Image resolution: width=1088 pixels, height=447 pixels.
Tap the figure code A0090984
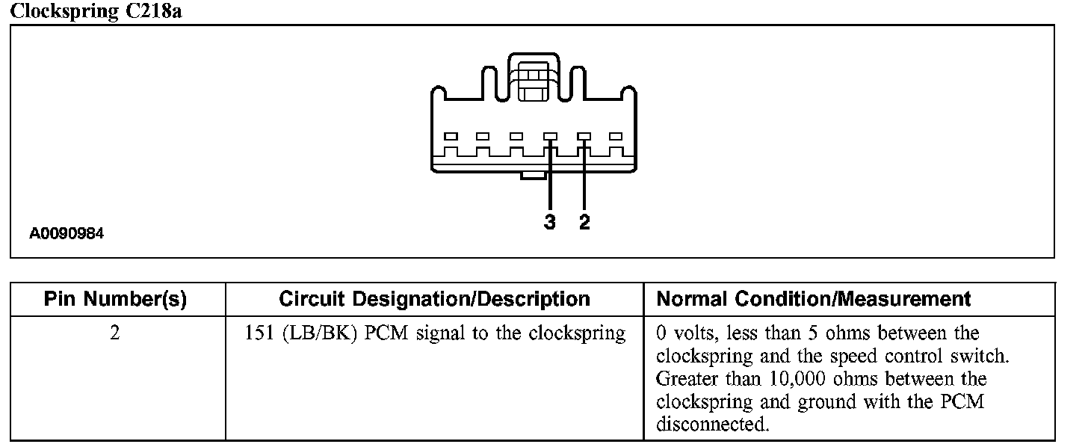[x=67, y=234]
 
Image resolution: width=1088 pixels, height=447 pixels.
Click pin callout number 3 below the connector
[x=550, y=222]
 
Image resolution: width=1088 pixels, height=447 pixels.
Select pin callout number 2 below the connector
[x=584, y=222]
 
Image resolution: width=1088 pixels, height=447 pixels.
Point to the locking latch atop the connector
[x=532, y=79]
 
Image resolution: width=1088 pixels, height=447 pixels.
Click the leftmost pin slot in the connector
[x=450, y=137]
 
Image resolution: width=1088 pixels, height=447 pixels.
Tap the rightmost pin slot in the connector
[x=616, y=137]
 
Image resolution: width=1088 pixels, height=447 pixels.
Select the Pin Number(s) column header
[x=115, y=300]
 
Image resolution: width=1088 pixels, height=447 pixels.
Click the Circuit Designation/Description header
[x=434, y=300]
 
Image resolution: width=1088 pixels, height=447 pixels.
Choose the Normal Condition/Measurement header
[x=814, y=300]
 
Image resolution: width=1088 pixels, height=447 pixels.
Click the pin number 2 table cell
[x=115, y=333]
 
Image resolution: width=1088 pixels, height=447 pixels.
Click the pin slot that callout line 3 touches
[x=550, y=137]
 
